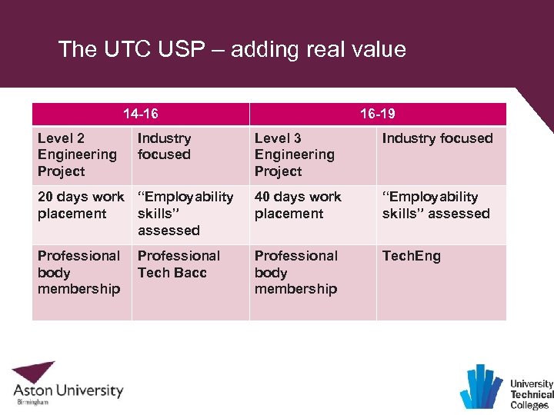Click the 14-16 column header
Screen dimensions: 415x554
(141, 114)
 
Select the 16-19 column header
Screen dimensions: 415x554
(378, 114)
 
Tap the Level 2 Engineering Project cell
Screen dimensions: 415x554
(78, 154)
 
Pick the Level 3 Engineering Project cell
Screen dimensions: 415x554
(295, 154)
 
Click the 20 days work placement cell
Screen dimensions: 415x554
(80, 205)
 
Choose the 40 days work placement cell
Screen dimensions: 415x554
(298, 205)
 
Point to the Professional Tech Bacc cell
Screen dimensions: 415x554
(179, 264)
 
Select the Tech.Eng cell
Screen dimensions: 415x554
(412, 256)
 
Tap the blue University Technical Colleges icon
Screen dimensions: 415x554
(482, 386)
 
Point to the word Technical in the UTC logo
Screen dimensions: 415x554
(532, 394)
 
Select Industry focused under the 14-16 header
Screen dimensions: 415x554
(164, 146)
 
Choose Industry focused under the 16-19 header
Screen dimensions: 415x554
(437, 138)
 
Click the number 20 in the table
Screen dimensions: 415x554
(46, 198)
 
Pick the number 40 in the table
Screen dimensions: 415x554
(264, 198)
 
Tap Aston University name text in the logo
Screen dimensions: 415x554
(68, 390)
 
